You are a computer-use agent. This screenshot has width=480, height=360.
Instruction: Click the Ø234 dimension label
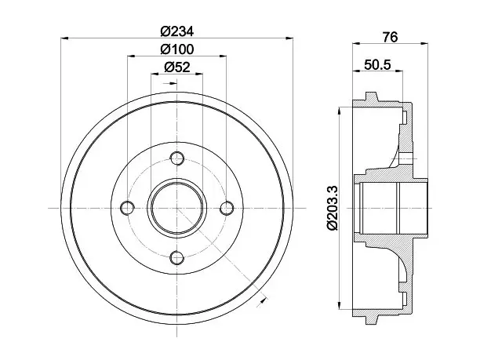click(177, 31)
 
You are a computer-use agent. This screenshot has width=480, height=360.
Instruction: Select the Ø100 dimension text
click(177, 49)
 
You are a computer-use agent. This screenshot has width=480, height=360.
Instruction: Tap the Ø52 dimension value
click(177, 67)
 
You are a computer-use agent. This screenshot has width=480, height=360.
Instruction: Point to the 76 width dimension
click(390, 38)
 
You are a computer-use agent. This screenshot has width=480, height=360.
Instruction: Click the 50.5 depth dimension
click(377, 64)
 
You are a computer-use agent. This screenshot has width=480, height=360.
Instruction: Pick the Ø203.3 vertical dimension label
click(332, 208)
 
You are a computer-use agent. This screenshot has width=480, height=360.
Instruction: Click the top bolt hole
click(177, 158)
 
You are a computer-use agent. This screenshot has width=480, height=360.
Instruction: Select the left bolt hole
click(127, 208)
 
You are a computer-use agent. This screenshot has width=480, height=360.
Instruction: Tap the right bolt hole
click(227, 208)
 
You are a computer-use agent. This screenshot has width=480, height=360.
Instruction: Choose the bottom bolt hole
click(177, 258)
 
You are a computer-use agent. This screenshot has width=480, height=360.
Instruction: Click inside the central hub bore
click(177, 208)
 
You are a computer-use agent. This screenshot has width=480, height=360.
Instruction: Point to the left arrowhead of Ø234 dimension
click(64, 38)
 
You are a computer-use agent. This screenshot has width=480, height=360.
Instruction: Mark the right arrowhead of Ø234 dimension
click(289, 38)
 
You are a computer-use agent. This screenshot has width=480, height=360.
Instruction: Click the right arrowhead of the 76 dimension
click(424, 44)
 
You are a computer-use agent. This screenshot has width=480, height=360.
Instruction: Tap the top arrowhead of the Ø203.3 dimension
click(339, 111)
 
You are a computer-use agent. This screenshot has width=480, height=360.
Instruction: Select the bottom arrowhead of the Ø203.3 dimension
click(339, 305)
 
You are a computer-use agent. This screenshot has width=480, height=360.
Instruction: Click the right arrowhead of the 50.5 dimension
click(399, 71)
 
